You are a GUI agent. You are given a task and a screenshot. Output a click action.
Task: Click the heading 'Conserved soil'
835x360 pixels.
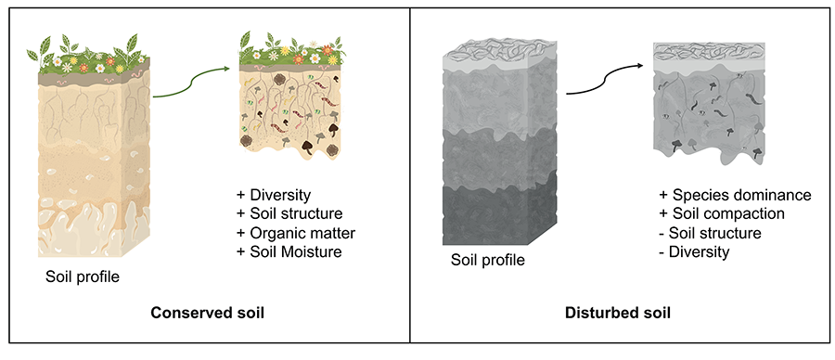click(208, 313)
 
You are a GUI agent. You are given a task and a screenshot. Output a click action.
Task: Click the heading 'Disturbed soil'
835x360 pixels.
click(619, 313)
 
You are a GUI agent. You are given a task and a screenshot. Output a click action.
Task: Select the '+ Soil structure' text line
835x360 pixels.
click(290, 214)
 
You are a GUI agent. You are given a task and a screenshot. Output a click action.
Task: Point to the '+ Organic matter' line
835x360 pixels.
click(296, 233)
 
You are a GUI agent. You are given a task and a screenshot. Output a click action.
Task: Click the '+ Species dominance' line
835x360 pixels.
click(735, 196)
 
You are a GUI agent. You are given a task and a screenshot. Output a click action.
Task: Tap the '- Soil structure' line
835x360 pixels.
click(710, 233)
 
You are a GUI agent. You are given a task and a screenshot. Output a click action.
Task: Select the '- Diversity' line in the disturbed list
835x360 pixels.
click(693, 251)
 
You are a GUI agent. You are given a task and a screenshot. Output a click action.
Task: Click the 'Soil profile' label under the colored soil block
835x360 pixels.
click(83, 276)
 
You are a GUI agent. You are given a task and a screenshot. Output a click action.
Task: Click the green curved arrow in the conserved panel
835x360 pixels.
click(190, 84)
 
